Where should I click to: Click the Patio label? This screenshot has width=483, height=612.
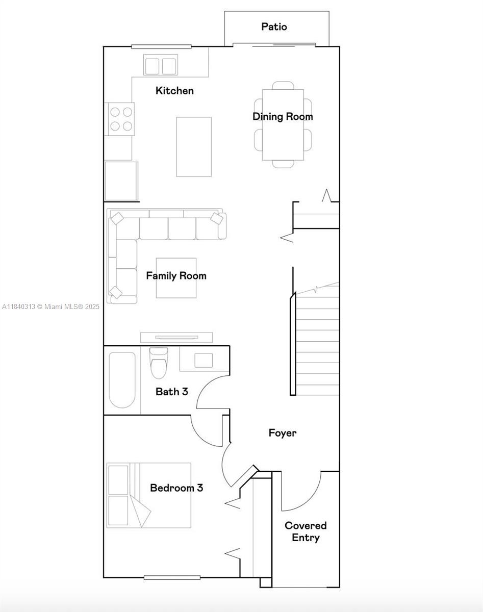pyautogui.click(x=274, y=27)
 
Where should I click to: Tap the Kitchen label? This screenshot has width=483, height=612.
pyautogui.click(x=174, y=91)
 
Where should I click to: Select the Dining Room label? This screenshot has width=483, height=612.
pyautogui.click(x=283, y=117)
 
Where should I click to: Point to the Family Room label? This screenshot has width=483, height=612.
pyautogui.click(x=176, y=276)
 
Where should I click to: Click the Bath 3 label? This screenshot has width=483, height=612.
pyautogui.click(x=172, y=392)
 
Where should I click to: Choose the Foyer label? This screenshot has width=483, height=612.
pyautogui.click(x=283, y=433)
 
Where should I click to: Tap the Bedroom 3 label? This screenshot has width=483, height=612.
pyautogui.click(x=176, y=488)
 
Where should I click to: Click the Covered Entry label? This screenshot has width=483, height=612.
pyautogui.click(x=306, y=531)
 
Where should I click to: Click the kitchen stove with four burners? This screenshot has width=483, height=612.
pyautogui.click(x=121, y=119)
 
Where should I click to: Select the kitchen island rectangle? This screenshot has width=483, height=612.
pyautogui.click(x=194, y=147)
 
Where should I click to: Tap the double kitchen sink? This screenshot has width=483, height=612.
pyautogui.click(x=161, y=65)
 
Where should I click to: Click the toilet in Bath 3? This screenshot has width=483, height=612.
pyautogui.click(x=159, y=363)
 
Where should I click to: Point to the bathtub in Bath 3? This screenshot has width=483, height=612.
pyautogui.click(x=122, y=380)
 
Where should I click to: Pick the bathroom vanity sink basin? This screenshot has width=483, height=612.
pyautogui.click(x=204, y=361)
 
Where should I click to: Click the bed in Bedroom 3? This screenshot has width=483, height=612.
pyautogui.click(x=149, y=495)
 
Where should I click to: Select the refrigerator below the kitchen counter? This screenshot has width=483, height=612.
pyautogui.click(x=121, y=181)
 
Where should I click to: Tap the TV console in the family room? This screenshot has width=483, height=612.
pyautogui.click(x=176, y=337)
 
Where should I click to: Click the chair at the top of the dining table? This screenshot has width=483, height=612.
pyautogui.click(x=283, y=85)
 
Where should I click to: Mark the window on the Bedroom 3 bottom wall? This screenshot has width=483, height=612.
pyautogui.click(x=172, y=578)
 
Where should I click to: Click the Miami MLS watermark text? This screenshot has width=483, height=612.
pyautogui.click(x=50, y=307)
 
